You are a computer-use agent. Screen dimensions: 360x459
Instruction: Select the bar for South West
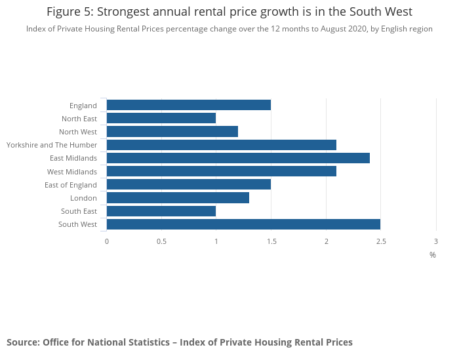(243, 224)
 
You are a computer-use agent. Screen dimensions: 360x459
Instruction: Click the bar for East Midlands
(238, 158)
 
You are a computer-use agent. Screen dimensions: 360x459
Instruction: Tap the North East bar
(161, 118)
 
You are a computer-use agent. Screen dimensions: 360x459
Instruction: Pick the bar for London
(178, 198)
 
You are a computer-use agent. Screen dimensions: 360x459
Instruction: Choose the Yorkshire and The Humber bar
(222, 145)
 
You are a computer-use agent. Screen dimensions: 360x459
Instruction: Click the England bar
(189, 105)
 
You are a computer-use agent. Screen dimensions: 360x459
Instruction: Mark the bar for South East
(161, 211)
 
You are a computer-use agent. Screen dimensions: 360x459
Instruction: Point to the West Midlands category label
(72, 172)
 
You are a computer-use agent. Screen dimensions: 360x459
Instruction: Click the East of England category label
(71, 185)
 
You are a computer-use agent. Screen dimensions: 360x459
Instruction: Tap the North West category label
(78, 132)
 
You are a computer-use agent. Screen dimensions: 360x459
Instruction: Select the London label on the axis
(84, 198)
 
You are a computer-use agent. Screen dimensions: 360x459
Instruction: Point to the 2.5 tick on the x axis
(381, 241)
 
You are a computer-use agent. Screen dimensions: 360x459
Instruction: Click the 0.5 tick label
(161, 241)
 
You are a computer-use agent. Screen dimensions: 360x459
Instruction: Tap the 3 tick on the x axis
(436, 241)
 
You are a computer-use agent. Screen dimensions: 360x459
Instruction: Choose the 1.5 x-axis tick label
(271, 241)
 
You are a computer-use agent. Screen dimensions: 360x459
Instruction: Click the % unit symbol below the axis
(433, 255)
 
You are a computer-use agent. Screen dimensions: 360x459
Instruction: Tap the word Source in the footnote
(22, 342)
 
